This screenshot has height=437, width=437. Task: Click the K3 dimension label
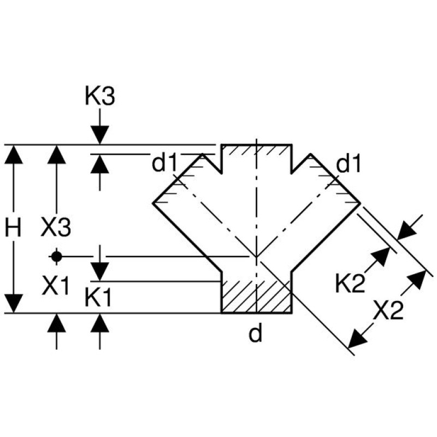click(x=99, y=97)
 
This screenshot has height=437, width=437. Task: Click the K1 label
click(x=99, y=298)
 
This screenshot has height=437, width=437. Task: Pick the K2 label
click(x=350, y=284)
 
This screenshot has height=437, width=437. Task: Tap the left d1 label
click(x=165, y=163)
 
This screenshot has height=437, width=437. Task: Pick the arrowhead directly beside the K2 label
click(x=380, y=257)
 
